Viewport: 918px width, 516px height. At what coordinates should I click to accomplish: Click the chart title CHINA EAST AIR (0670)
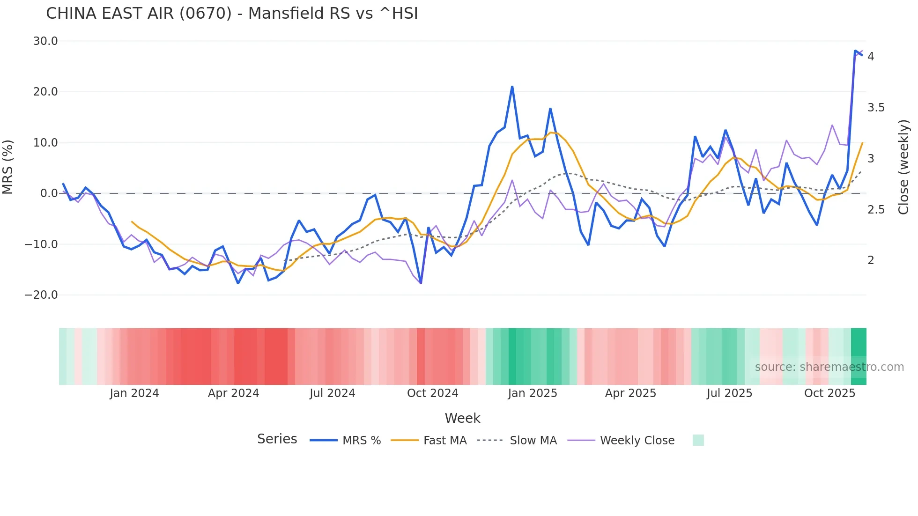coord(231,14)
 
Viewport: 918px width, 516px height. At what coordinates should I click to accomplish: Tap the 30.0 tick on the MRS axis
coord(45,41)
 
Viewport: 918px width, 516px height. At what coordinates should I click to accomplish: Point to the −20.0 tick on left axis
coord(41,295)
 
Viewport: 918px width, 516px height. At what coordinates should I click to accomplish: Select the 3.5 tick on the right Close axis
coord(876,108)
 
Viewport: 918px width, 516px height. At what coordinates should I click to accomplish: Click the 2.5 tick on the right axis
coord(876,210)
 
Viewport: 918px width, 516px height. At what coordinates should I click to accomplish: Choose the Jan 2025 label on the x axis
coord(533,393)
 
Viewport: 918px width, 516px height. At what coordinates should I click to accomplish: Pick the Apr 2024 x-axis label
coord(233,393)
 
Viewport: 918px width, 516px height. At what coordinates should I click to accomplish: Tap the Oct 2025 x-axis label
coord(829,393)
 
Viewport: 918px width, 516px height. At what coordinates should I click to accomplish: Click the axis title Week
coord(462,418)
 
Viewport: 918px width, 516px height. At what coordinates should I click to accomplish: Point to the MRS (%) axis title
coord(7,167)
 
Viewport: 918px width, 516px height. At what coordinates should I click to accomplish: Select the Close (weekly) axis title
coord(903,167)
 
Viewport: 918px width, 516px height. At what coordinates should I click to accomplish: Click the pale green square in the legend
coord(698,440)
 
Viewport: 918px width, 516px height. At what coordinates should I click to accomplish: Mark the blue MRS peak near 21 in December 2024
coord(512,87)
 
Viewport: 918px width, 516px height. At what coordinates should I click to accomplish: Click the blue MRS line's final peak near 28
coord(856,51)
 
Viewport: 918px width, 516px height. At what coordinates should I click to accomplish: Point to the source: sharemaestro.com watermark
coord(829,367)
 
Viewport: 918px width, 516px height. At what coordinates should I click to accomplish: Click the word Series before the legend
coord(277,439)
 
